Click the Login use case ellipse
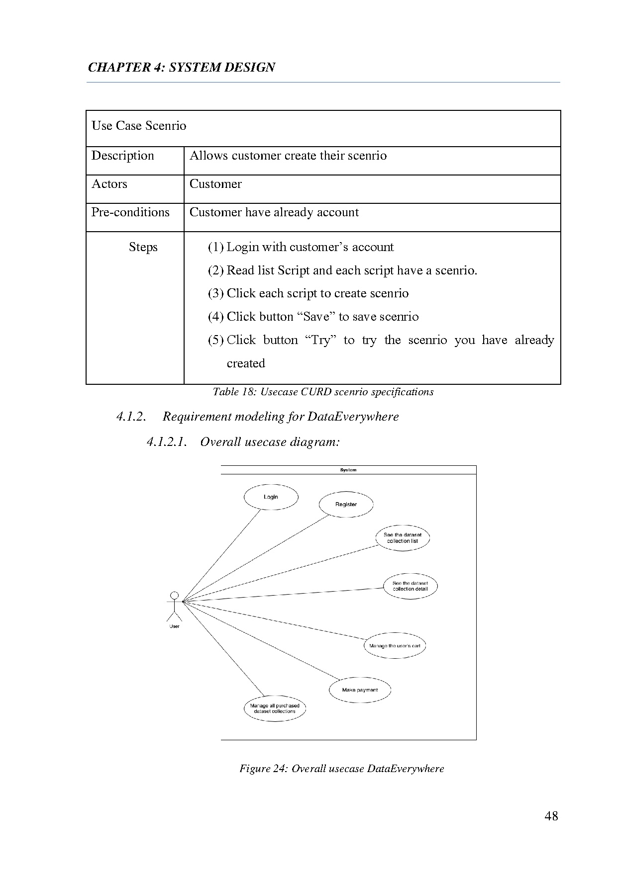click(x=271, y=497)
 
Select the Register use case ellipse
click(x=346, y=505)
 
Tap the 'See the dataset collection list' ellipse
click(x=403, y=538)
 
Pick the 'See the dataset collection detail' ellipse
click(x=410, y=586)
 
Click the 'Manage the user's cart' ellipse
click(x=395, y=646)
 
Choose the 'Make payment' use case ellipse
click(x=360, y=690)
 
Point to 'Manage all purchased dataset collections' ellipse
click(x=275, y=708)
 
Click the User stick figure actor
click(x=174, y=607)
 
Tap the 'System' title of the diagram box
click(x=348, y=470)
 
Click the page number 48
click(x=551, y=816)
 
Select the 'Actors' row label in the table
click(x=109, y=184)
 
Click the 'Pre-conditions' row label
click(x=130, y=212)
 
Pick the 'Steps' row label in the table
click(x=143, y=247)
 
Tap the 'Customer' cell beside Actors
click(x=215, y=184)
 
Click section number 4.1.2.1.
click(x=167, y=442)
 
